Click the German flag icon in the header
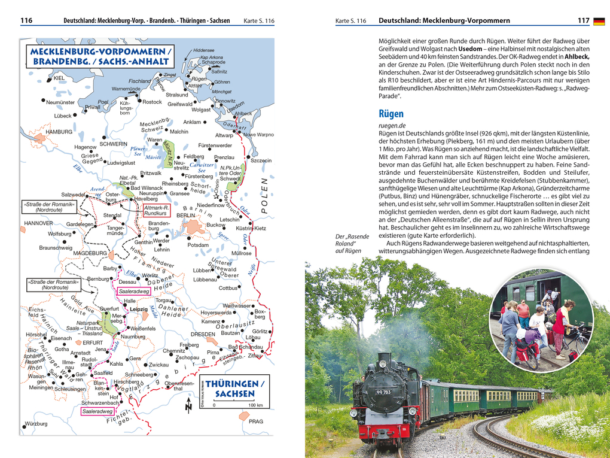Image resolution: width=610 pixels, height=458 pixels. click(x=599, y=22)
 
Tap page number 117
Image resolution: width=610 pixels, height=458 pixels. click(x=583, y=21)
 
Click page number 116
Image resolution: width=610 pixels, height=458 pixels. click(x=26, y=21)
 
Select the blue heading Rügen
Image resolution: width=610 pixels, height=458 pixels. click(x=391, y=113)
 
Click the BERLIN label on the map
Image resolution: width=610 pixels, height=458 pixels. click(x=186, y=215)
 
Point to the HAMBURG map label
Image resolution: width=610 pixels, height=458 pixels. click(x=59, y=132)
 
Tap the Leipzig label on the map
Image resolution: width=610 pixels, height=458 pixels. click(x=139, y=309)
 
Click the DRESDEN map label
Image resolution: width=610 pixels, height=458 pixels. click(x=203, y=334)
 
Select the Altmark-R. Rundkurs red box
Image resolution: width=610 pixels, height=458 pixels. click(x=157, y=210)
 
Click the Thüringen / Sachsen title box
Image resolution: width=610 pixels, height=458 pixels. click(x=230, y=389)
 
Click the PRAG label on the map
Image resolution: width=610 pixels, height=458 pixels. click(x=255, y=421)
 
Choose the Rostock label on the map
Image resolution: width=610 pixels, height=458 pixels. click(x=152, y=102)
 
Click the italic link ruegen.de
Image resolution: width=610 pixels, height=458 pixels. click(x=392, y=126)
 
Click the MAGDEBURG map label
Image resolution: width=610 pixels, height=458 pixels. click(x=90, y=253)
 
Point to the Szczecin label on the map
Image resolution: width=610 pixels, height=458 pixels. click(x=261, y=160)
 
